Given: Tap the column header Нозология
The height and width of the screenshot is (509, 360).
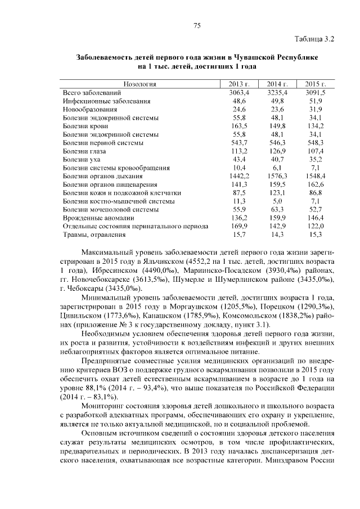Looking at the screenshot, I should (x=139, y=84).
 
